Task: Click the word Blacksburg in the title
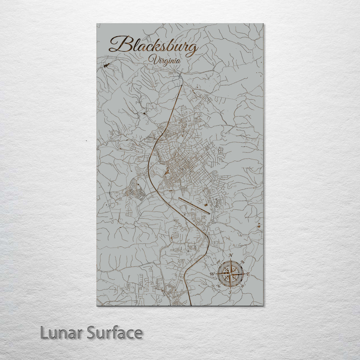(x=154, y=46)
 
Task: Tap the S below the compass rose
(x=230, y=292)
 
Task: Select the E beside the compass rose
(x=248, y=274)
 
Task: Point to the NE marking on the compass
(x=243, y=262)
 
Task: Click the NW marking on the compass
(x=218, y=262)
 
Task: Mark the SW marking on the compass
(x=218, y=286)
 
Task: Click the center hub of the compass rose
(x=230, y=274)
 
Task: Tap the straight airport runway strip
(x=194, y=206)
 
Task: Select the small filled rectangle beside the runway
(x=205, y=204)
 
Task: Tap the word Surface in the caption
(x=115, y=333)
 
